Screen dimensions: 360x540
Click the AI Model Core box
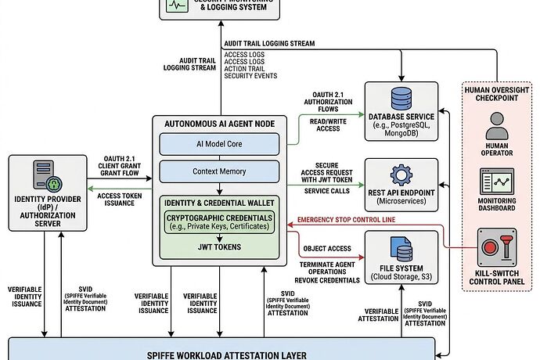pyautogui.click(x=219, y=143)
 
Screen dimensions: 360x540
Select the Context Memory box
pyautogui.click(x=219, y=171)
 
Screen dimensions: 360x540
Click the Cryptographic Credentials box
pyautogui.click(x=219, y=221)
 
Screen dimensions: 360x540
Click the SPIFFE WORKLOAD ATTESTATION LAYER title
pyautogui.click(x=220, y=351)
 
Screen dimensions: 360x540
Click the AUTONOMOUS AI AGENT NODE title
pyautogui.click(x=219, y=124)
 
